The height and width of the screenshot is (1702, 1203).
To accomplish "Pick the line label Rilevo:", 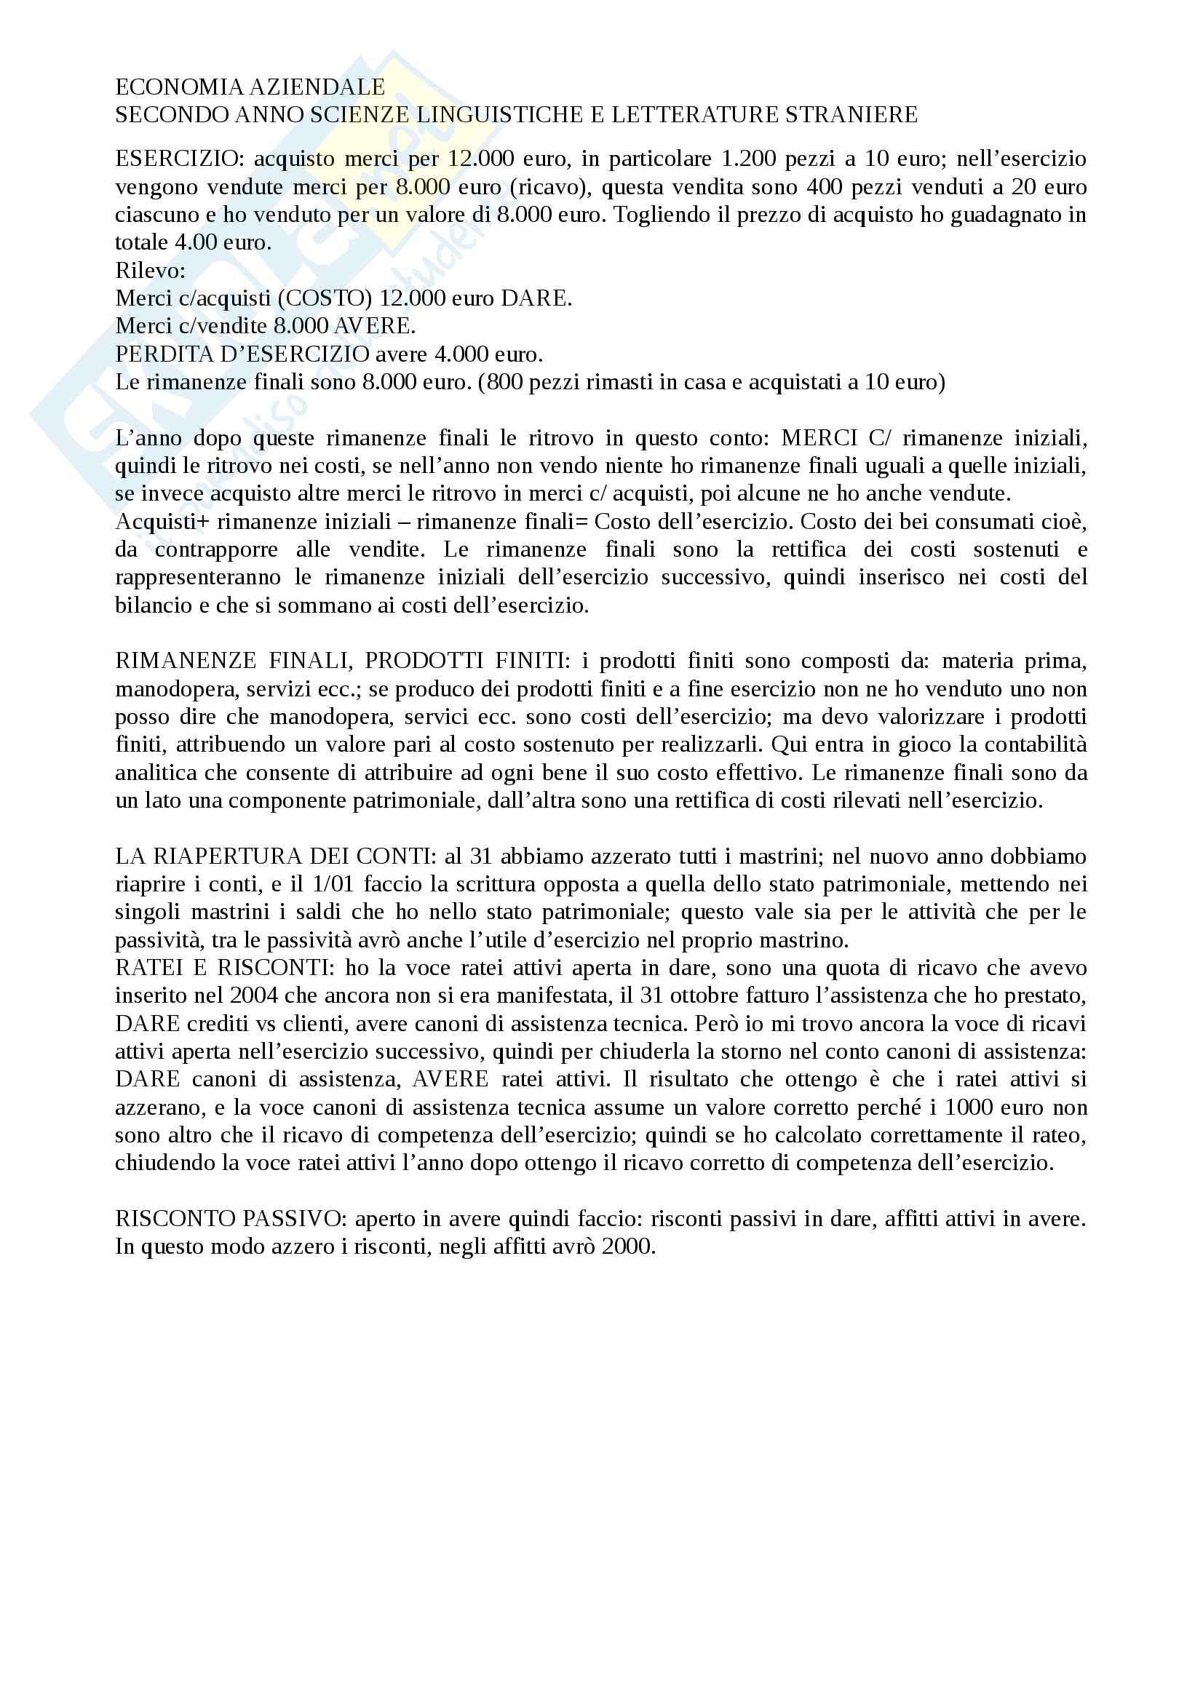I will (x=151, y=271).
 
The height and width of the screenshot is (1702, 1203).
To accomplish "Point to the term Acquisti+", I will (x=162, y=522).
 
